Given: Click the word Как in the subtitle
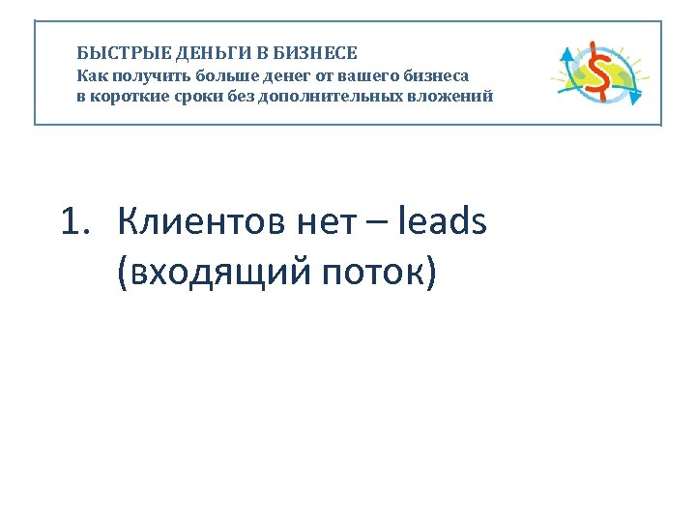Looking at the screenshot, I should point(92,74).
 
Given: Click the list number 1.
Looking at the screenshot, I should point(74,223).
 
